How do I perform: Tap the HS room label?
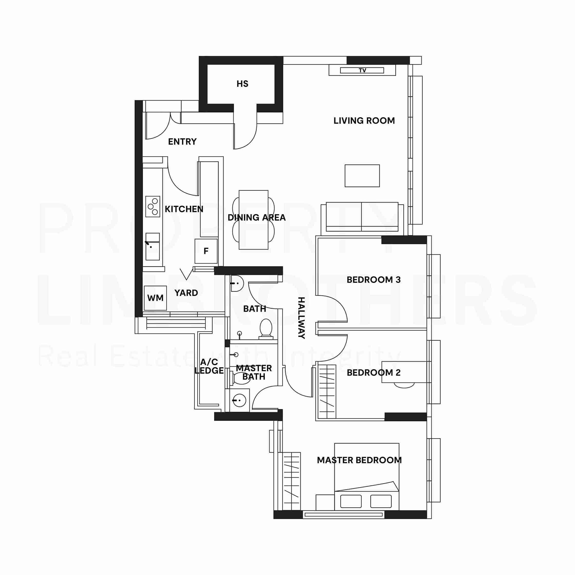[242, 84]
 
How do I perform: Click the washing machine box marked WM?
[155, 298]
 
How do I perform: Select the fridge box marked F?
[206, 251]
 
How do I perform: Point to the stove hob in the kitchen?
[153, 206]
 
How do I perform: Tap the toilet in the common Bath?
[266, 329]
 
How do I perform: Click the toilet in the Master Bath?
[241, 378]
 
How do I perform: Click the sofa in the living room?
[362, 217]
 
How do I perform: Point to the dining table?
[254, 220]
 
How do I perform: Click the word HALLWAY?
[301, 318]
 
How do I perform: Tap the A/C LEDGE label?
[209, 366]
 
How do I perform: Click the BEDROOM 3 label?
[374, 280]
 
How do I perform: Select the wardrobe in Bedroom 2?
[327, 391]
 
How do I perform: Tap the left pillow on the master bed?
[351, 501]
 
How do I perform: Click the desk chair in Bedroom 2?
[404, 385]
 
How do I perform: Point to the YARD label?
[186, 293]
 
